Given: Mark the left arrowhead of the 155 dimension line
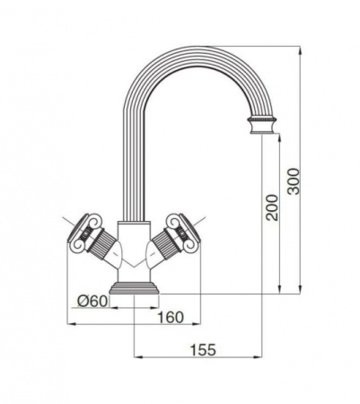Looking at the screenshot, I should (x=136, y=359).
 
